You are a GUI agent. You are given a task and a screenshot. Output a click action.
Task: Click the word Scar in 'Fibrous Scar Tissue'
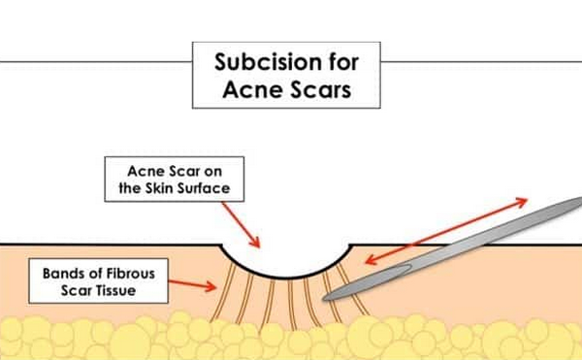tap(80, 288)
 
